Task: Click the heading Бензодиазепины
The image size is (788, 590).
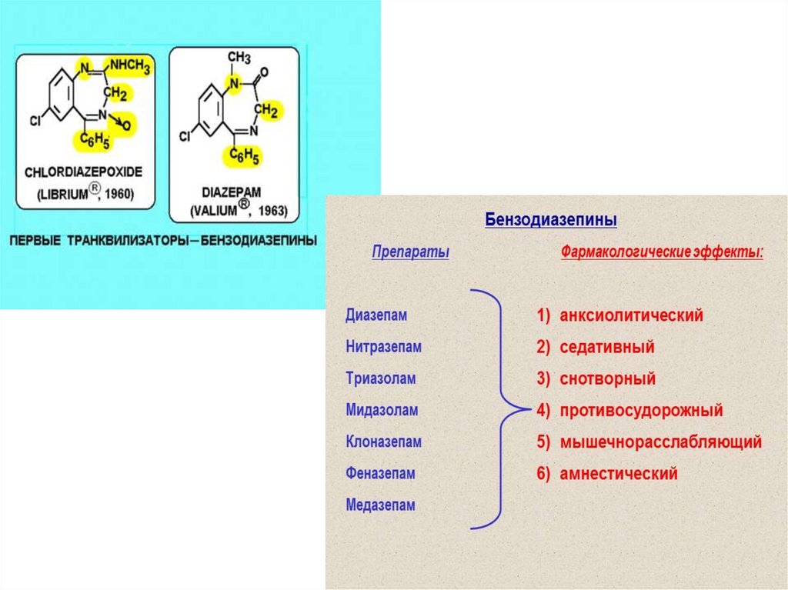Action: pyautogui.click(x=550, y=220)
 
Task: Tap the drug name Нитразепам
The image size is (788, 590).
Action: pyautogui.click(x=383, y=347)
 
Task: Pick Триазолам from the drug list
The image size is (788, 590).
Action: pyautogui.click(x=380, y=378)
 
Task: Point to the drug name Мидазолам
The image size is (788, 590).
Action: pyautogui.click(x=382, y=410)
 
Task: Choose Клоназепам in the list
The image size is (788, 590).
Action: pyautogui.click(x=383, y=442)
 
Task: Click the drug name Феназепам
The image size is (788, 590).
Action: pyautogui.click(x=380, y=474)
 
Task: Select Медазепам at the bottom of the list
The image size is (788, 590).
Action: pyautogui.click(x=380, y=505)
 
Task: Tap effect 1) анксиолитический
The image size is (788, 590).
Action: pyautogui.click(x=620, y=315)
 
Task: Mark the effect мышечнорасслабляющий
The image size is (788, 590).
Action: pyautogui.click(x=659, y=442)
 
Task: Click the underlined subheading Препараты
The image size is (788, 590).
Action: pyautogui.click(x=410, y=252)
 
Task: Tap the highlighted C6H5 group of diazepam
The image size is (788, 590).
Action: pyautogui.click(x=242, y=156)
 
